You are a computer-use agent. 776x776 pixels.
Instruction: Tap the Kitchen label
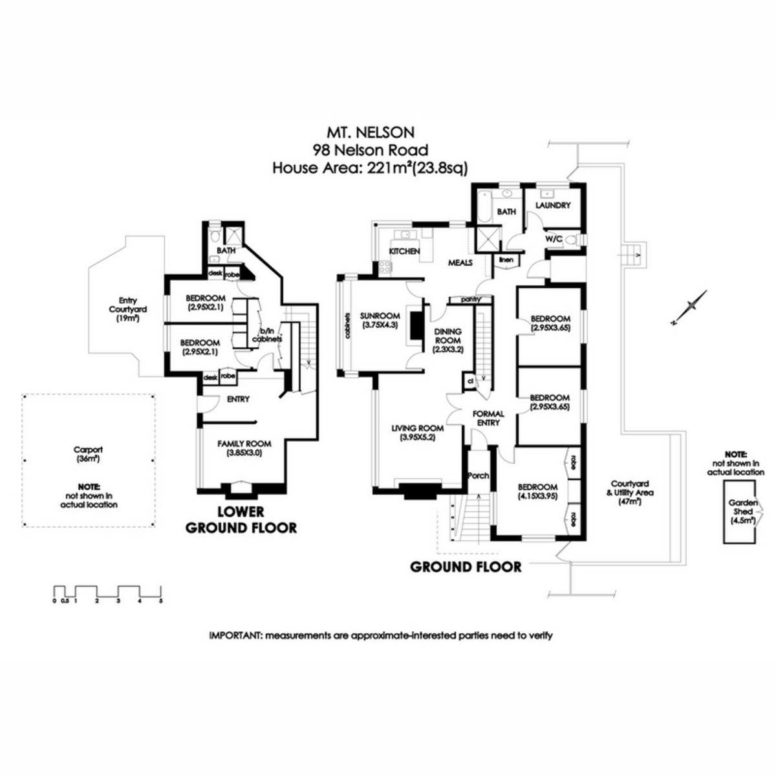404,251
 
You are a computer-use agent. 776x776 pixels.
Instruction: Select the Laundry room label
553,206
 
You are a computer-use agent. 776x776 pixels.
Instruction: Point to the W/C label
554,239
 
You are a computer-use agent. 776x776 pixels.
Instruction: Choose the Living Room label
417,433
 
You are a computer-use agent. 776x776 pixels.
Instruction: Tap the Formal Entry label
488,418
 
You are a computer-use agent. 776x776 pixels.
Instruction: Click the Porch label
478,475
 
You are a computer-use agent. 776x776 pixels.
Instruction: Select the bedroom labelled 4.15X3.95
537,491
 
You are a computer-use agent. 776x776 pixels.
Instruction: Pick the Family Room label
244,448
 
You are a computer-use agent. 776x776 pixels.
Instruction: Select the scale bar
107,592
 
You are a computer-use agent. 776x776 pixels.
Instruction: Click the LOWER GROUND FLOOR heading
241,519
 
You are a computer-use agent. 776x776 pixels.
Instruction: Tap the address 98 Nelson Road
370,150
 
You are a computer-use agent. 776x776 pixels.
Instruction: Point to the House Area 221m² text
370,168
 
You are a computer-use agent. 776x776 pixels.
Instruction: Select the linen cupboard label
506,260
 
